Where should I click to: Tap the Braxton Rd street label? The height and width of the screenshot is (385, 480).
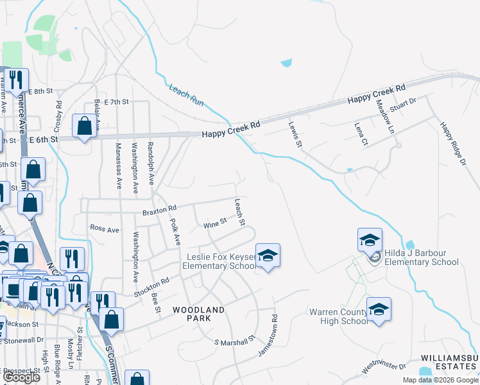[x=159, y=209]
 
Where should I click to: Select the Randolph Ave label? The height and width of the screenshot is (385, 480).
[x=151, y=164]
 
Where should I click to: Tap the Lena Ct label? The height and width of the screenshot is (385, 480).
[x=361, y=132]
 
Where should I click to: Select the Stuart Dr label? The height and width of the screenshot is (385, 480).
[x=403, y=104]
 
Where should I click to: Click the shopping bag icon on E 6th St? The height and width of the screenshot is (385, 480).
[x=84, y=126]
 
